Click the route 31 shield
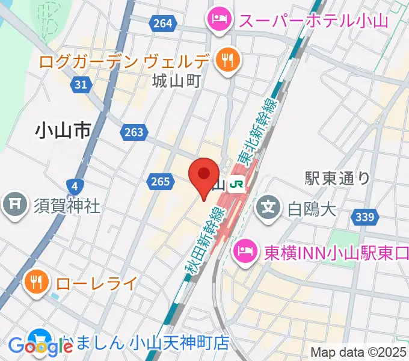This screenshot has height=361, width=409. coord(82,85)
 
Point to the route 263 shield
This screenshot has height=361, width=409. coord(133,132)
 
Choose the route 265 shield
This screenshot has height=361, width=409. coord(159,180)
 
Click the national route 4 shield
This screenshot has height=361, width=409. coord(73,185)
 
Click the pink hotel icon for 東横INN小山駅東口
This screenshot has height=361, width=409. coord(244,248)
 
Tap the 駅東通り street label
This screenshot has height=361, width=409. coord(337,177)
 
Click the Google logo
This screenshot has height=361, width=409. coord(40,347)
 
